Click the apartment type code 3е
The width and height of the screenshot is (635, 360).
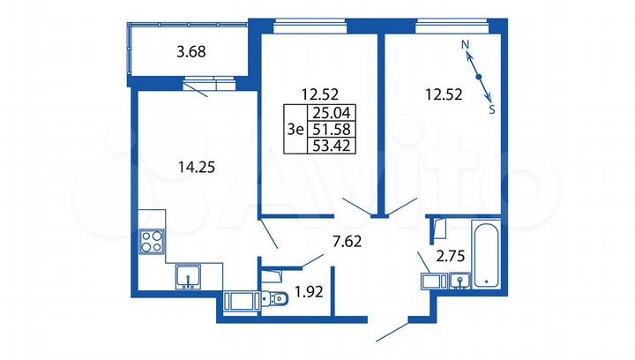(295, 130)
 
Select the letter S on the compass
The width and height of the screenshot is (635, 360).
(492, 110)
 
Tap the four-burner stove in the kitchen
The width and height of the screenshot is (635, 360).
(152, 241)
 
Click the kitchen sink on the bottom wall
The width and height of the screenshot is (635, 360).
(188, 278)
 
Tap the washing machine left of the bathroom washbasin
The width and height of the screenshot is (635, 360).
(432, 281)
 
